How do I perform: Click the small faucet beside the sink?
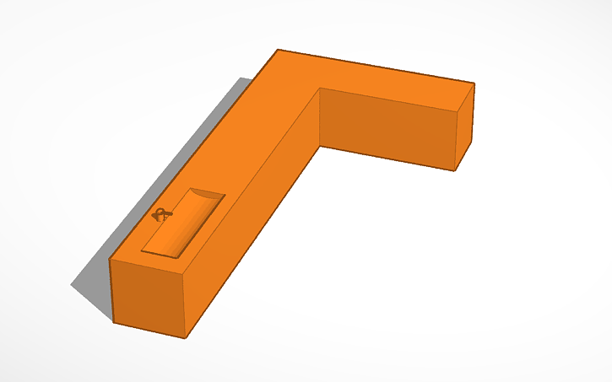pos(160,214)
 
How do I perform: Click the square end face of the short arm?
pos(465,127)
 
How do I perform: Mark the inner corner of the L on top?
pos(319,87)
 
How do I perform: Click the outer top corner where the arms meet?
pos(278,50)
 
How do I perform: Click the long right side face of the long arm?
pos(253,219)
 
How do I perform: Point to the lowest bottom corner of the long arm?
pos(185,338)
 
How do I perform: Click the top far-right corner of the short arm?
pos(474,83)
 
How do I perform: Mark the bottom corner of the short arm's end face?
pos(455,170)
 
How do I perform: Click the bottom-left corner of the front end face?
pos(114,321)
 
